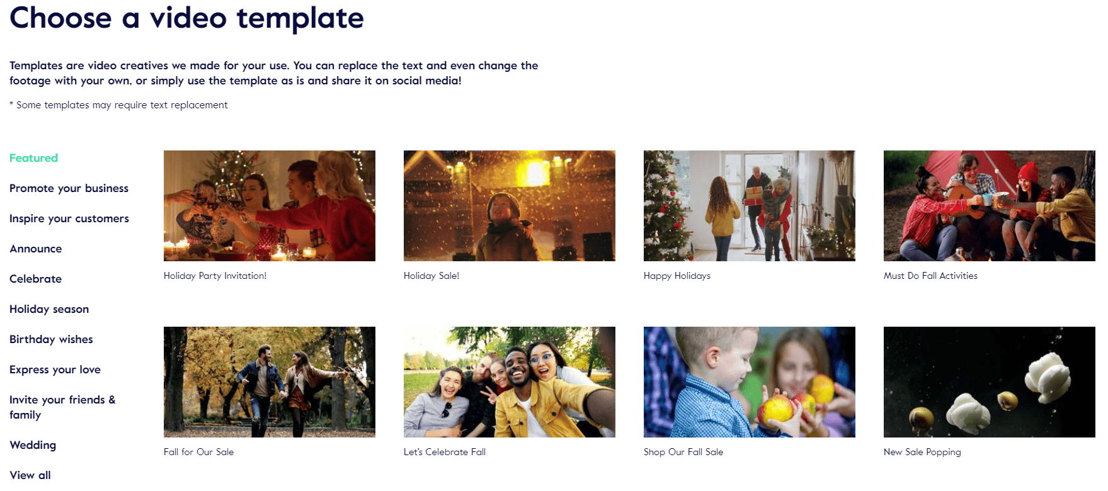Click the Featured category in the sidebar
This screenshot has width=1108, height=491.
pos(33,158)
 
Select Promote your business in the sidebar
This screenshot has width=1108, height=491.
pos(69,188)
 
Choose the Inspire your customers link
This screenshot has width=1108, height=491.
pos(69,218)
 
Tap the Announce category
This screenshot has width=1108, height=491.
pos(36,249)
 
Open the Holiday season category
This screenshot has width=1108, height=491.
pos(49,309)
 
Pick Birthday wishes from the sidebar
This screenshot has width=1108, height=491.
pos(51,339)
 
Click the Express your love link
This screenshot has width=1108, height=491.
pos(55,370)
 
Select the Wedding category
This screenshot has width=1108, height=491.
pos(33,445)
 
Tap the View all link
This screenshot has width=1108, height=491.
pos(30,475)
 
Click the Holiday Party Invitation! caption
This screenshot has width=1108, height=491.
pos(215,276)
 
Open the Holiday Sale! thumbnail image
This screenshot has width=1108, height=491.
pos(510,206)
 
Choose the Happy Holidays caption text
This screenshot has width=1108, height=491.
pos(677,276)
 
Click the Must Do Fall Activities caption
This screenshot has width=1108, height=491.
pos(930,276)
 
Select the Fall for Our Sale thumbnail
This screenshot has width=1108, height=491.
pos(270,382)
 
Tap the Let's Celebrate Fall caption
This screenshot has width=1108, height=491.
pos(445,452)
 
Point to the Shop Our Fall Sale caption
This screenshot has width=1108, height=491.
pos(683,452)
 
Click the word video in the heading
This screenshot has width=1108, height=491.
pos(188,18)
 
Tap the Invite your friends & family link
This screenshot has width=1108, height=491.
pos(62,407)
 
